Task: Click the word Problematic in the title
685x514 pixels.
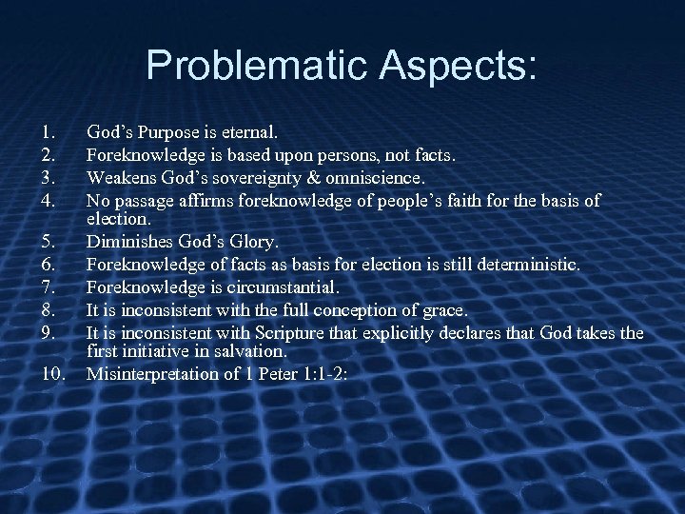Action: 255,66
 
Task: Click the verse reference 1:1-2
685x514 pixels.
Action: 325,374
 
